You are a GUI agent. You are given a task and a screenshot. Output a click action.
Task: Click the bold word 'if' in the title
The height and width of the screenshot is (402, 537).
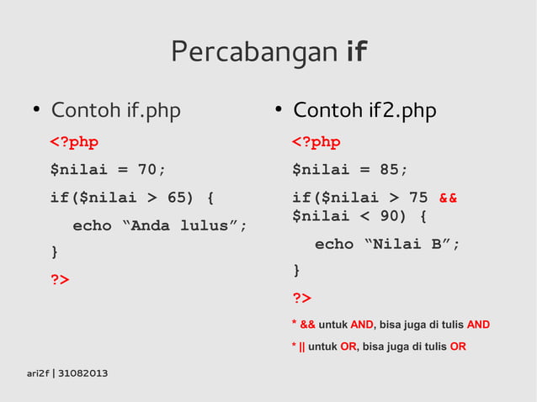pos(357,53)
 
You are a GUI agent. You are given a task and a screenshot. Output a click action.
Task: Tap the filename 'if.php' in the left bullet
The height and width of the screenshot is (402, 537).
pos(152,110)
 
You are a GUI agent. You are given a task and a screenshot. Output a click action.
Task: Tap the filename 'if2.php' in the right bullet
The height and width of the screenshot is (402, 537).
pos(401,110)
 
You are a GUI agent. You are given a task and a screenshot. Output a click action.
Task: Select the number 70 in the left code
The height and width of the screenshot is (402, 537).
pos(147,169)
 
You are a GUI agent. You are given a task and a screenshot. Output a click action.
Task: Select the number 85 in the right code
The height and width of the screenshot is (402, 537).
pos(389,169)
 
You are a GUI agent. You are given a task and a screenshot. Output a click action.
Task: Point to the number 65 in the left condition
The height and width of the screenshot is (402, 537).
pos(178,198)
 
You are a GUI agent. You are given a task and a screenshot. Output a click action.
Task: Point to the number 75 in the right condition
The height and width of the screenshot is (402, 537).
pos(418,198)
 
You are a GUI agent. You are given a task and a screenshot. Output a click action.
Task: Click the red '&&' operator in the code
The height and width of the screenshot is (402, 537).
pos(448,198)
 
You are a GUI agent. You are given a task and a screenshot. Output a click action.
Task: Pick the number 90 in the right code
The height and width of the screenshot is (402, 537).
pos(389,216)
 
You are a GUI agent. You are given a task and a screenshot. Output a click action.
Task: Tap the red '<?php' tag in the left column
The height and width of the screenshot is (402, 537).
pos(74,141)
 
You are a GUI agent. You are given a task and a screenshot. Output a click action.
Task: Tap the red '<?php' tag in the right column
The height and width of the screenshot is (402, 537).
pos(316,141)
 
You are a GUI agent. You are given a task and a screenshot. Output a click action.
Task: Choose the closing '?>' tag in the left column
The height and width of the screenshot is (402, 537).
pos(60,279)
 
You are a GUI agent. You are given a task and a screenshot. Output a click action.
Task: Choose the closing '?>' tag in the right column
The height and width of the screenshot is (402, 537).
pos(301,298)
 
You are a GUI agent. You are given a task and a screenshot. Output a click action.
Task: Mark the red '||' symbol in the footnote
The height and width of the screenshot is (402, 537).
pos(302,346)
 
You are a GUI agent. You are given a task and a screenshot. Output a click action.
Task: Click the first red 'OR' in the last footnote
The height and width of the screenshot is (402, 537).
pos(348,346)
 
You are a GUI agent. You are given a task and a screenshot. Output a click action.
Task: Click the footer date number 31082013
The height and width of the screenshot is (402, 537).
pos(82,373)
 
